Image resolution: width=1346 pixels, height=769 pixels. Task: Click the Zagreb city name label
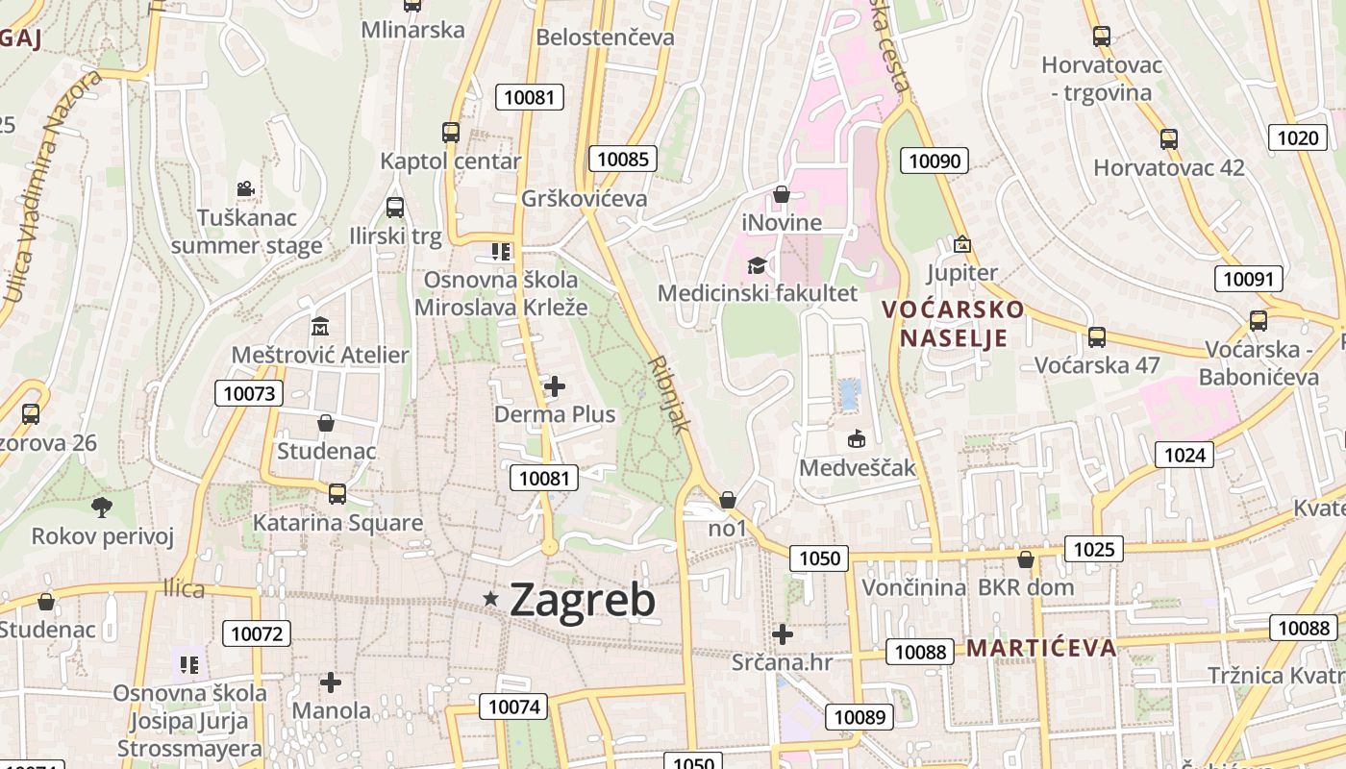583,600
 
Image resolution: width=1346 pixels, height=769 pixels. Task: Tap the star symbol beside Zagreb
491,599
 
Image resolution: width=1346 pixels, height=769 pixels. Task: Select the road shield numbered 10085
623,159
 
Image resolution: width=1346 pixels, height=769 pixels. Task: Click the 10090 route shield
935,161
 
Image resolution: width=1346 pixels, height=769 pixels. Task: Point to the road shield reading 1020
1298,137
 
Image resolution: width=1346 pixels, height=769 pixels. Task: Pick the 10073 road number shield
250,392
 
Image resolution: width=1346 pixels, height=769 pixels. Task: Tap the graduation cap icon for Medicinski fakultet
757,265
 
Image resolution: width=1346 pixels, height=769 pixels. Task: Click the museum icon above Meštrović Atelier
320,327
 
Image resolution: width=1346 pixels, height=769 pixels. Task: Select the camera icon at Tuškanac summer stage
245,189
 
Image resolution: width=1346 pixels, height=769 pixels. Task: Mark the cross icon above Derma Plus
555,386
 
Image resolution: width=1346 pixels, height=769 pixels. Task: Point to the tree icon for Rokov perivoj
102,507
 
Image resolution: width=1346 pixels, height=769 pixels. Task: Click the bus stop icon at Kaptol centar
451,132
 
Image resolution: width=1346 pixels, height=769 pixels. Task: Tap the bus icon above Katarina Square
337,493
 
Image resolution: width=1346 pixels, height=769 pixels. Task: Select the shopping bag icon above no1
728,500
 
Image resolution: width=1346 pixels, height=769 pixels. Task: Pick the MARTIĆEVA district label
1041,647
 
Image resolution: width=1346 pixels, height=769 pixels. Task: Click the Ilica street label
184,588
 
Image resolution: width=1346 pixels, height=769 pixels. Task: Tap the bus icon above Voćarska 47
1097,337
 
